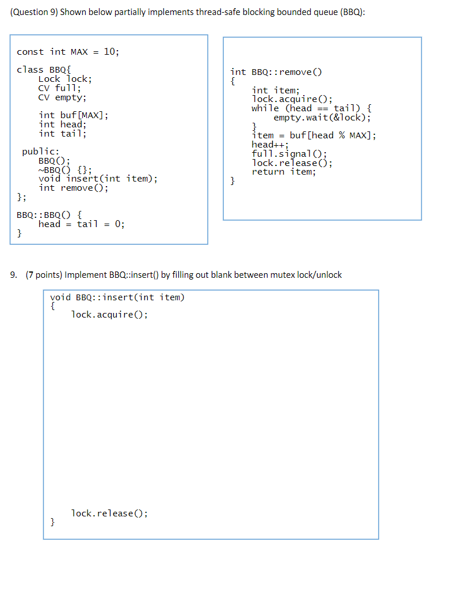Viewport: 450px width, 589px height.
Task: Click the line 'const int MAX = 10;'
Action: pyautogui.click(x=68, y=52)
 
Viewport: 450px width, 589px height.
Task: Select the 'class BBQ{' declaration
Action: pyautogui.click(x=44, y=70)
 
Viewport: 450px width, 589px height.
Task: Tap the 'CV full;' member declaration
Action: pyautogui.click(x=60, y=88)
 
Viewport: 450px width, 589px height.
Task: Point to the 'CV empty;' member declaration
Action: pyautogui.click(x=62, y=97)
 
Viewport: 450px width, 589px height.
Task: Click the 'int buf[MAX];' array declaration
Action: pyautogui.click(x=73, y=115)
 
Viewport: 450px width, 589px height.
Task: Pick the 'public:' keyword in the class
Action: pyautogui.click(x=40, y=152)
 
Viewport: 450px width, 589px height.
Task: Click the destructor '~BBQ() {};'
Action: pyautogui.click(x=64, y=170)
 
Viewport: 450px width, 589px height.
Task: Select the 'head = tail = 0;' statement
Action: pyautogui.click(x=81, y=224)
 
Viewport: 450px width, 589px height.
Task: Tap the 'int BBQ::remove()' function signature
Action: pyautogui.click(x=276, y=72)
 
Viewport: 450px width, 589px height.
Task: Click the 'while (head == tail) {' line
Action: pyautogui.click(x=311, y=108)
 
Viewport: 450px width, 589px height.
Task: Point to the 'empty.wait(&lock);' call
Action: pyautogui.click(x=322, y=118)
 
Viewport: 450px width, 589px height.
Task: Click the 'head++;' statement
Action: pyautogui.click(x=270, y=145)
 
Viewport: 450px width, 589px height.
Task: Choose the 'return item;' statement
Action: pyautogui.click(x=284, y=172)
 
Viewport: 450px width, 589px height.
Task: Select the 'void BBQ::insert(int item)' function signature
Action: pyautogui.click(x=117, y=297)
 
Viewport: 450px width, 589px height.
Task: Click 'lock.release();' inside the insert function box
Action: pyautogui.click(x=109, y=514)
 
